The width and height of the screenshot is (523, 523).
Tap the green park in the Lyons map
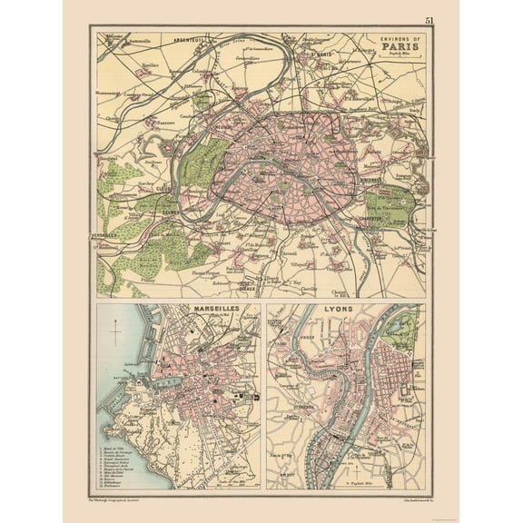(400, 332)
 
